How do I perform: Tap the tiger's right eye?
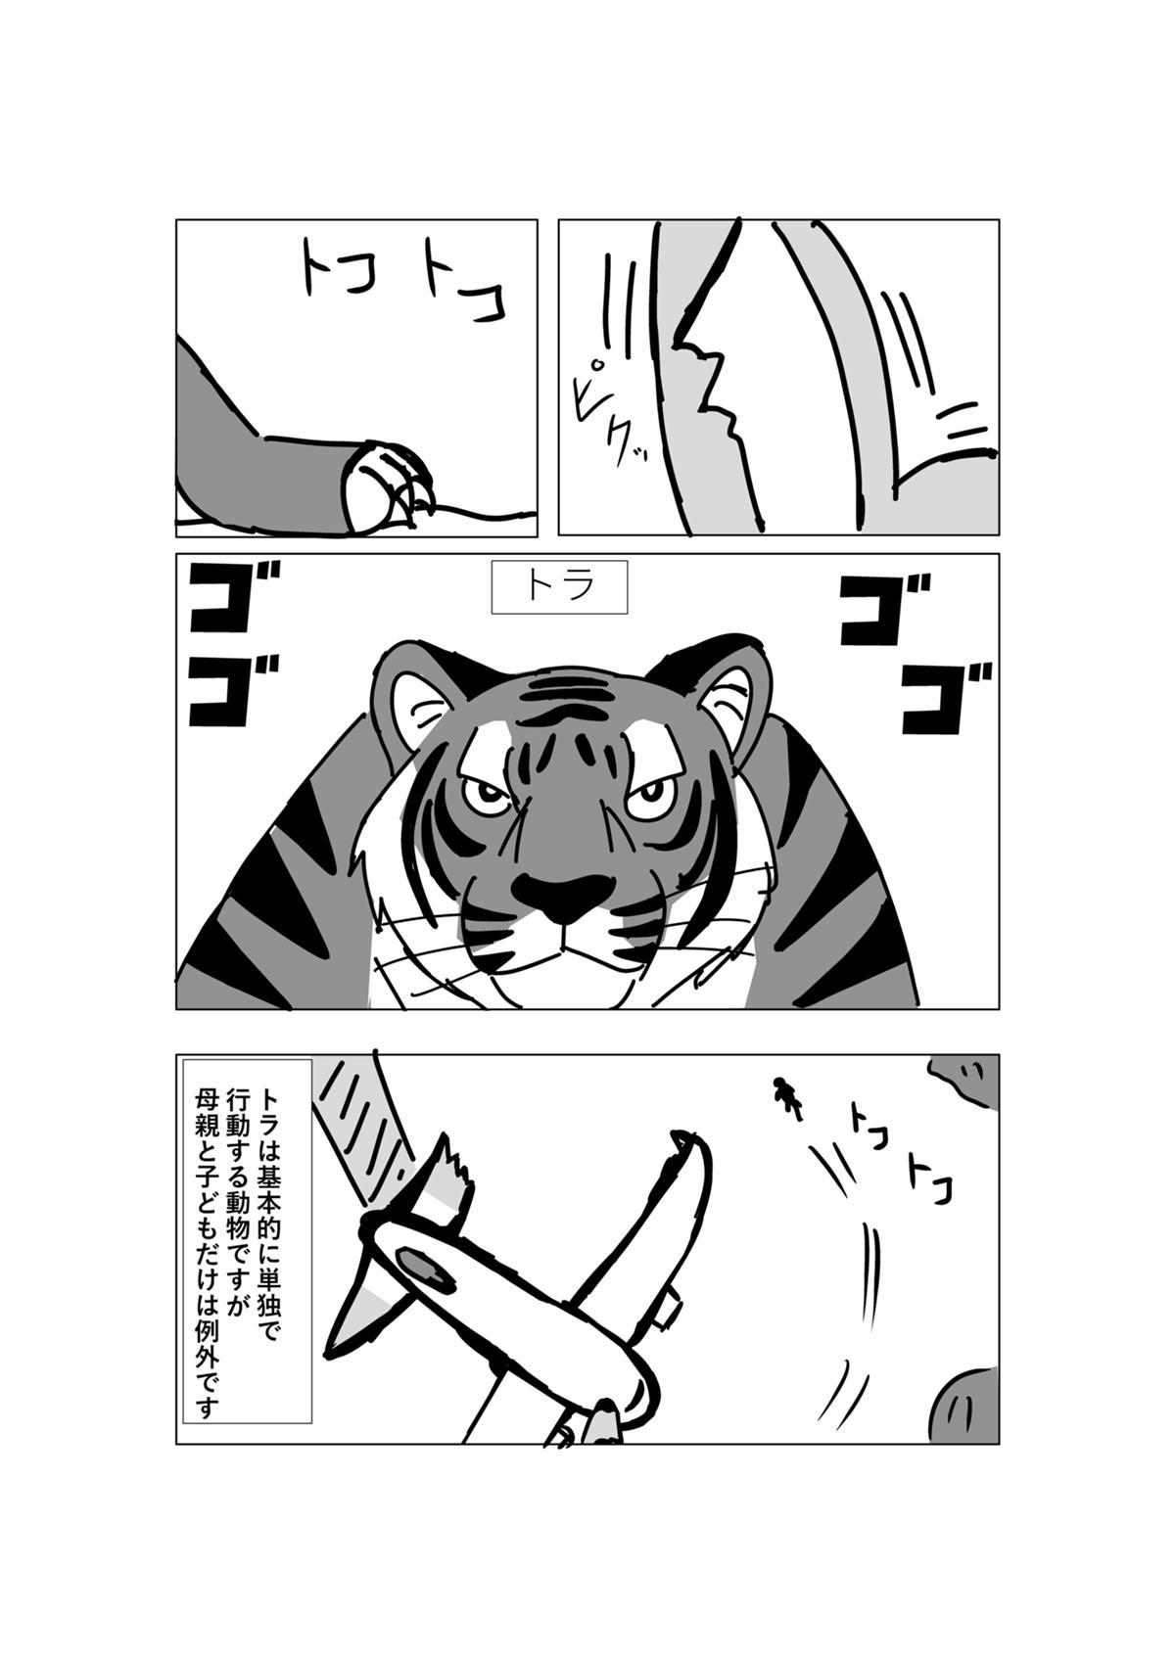[647, 798]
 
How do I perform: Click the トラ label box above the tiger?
[559, 586]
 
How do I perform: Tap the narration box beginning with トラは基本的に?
[248, 1218]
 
